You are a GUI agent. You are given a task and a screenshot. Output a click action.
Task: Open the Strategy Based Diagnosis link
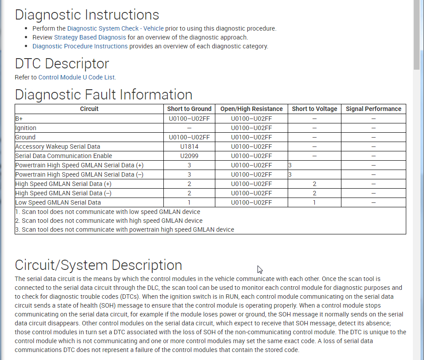(x=90, y=37)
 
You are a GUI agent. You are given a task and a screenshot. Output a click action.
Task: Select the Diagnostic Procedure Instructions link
(x=80, y=46)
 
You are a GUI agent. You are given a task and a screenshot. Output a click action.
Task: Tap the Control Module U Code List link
(x=76, y=77)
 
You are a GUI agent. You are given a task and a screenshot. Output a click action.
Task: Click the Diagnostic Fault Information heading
(x=103, y=95)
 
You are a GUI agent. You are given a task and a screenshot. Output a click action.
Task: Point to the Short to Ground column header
(x=189, y=109)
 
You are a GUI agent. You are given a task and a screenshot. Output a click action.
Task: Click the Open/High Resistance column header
(x=251, y=109)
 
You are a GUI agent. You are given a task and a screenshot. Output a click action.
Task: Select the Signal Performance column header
(x=373, y=109)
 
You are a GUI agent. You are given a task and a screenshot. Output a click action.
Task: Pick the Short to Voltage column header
(x=314, y=109)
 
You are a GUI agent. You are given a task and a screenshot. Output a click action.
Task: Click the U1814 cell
(x=189, y=146)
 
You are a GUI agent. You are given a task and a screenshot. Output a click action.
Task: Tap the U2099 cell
(x=189, y=156)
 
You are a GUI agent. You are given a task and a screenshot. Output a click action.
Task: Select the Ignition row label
(x=26, y=128)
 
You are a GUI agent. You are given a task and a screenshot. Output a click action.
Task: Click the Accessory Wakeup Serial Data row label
(x=58, y=146)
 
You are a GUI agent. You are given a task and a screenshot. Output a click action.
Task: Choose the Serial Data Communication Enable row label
(x=63, y=156)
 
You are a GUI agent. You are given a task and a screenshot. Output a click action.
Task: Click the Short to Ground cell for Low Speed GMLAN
(x=189, y=202)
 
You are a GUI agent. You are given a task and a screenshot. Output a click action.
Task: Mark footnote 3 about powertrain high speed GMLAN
(x=124, y=229)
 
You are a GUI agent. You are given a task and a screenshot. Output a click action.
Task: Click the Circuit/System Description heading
(x=98, y=265)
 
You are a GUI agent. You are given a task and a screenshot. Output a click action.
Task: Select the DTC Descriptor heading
(x=62, y=63)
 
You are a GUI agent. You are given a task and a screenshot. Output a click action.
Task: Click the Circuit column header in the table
(x=89, y=109)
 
